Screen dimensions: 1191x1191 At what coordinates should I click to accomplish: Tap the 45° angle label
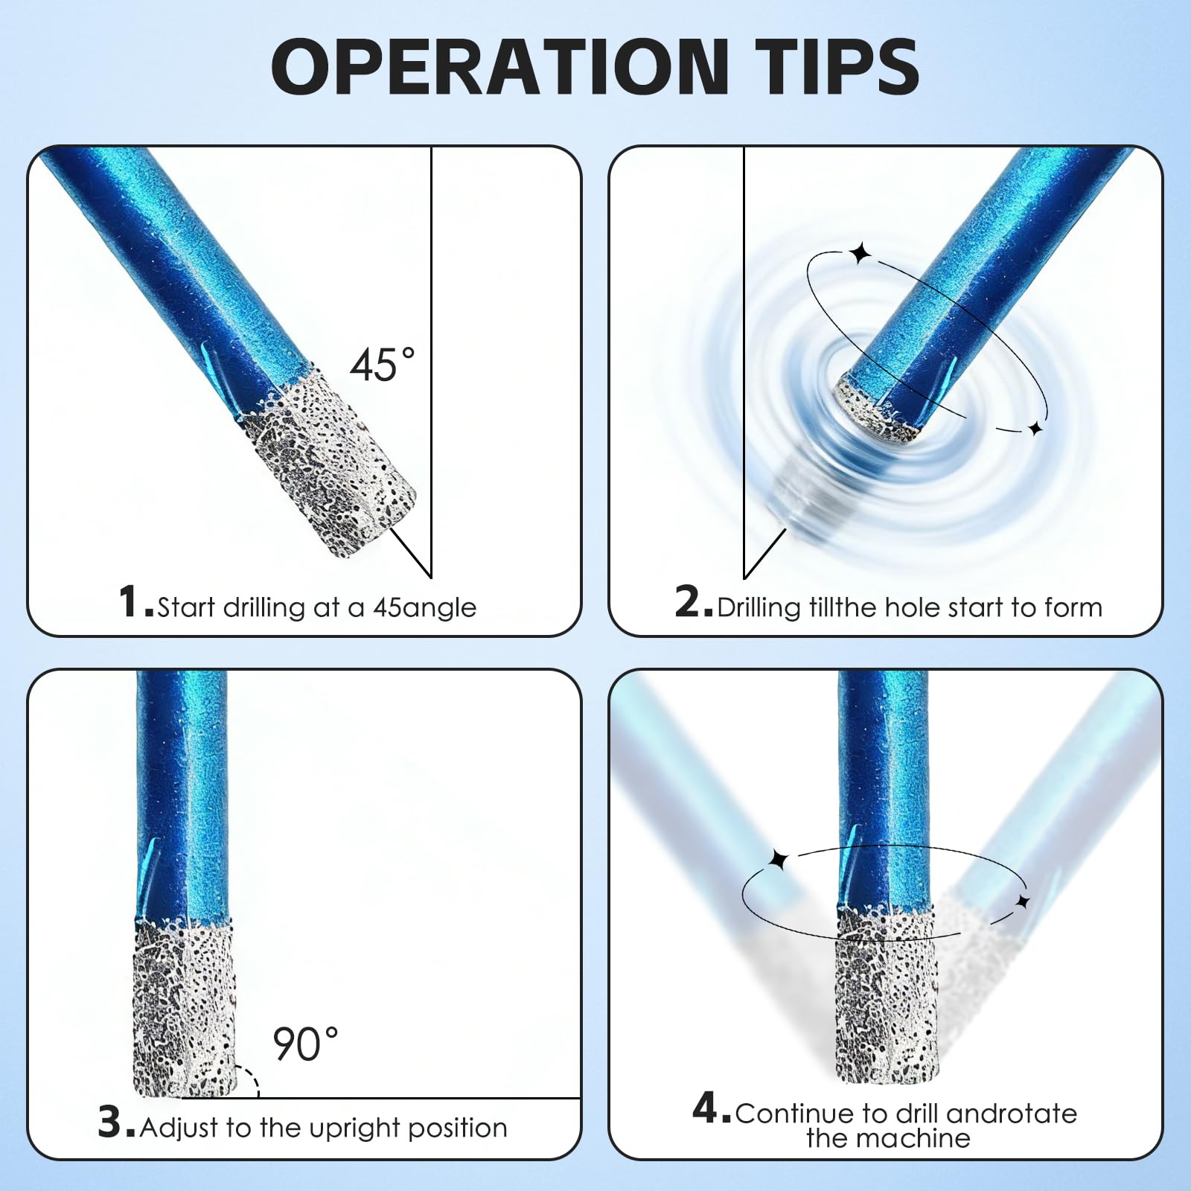(383, 365)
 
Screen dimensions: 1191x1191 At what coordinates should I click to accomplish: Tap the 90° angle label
(306, 1044)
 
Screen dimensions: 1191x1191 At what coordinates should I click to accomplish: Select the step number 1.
(134, 601)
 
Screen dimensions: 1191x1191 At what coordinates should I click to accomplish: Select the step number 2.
(692, 601)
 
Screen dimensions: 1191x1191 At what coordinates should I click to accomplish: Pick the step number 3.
(115, 1122)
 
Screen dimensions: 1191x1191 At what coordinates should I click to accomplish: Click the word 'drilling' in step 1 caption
(264, 608)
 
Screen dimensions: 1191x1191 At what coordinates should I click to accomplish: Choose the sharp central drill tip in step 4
(886, 997)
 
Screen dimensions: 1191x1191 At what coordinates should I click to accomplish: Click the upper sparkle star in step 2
(861, 253)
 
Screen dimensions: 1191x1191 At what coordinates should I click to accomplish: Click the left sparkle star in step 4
(779, 860)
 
